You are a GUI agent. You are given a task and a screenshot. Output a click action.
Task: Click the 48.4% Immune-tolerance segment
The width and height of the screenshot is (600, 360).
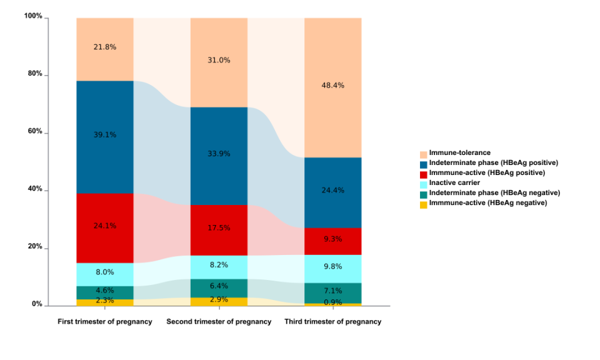point(332,87)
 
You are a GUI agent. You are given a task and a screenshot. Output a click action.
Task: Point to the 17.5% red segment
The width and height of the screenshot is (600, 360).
point(219,229)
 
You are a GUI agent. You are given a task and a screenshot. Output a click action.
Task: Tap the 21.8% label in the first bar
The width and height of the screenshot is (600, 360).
point(105,47)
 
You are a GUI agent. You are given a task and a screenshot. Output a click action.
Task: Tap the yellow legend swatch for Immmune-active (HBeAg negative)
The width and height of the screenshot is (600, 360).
point(424,203)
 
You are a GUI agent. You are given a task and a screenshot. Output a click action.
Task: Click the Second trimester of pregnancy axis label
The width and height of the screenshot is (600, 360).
point(219,322)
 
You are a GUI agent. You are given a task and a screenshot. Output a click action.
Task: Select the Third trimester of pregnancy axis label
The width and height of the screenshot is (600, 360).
point(332,322)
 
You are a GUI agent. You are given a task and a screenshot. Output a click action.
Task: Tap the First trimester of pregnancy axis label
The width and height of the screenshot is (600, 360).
point(105,322)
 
